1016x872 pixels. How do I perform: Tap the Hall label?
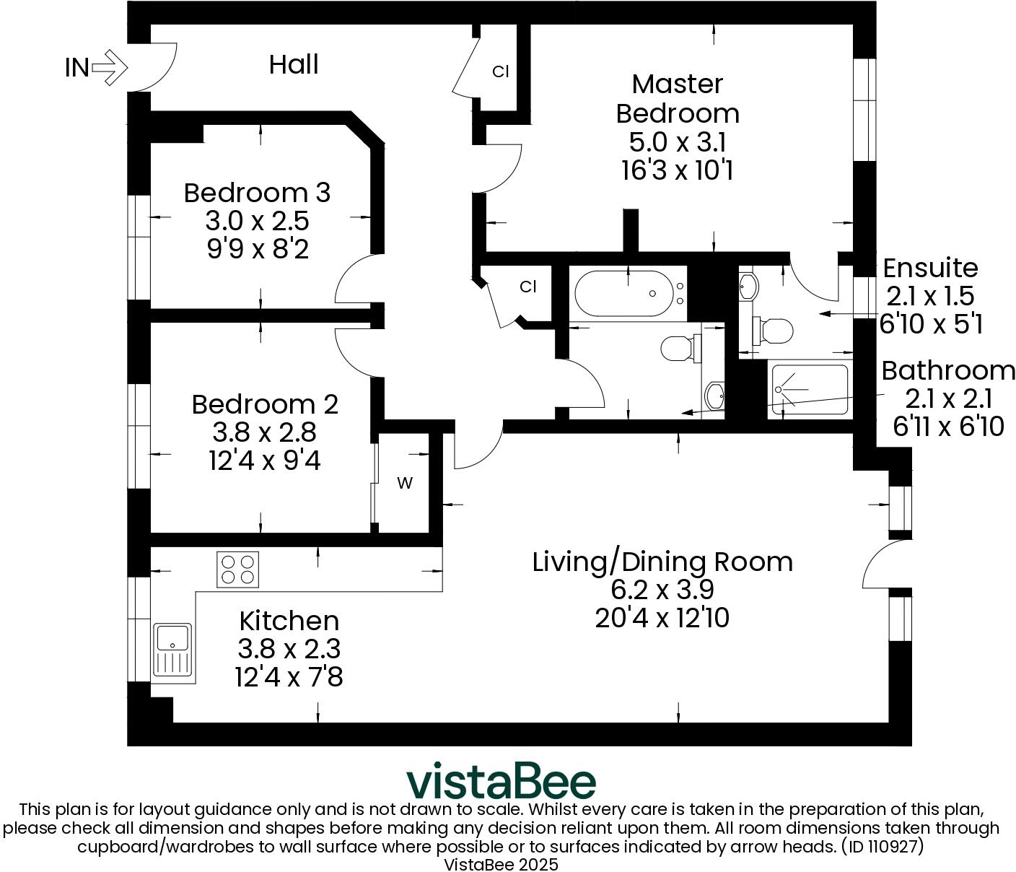(x=294, y=65)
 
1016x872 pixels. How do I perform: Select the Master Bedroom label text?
(x=677, y=99)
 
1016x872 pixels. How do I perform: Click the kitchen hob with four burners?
(x=238, y=569)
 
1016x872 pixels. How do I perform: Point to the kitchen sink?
(x=172, y=650)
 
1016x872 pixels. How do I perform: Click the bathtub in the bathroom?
(x=627, y=294)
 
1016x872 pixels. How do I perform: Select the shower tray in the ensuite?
(x=809, y=390)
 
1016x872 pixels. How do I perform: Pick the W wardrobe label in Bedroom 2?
(x=405, y=484)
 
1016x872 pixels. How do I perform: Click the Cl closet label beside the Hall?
(x=501, y=71)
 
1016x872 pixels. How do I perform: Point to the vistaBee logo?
(x=501, y=782)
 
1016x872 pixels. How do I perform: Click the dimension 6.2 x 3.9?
(x=662, y=590)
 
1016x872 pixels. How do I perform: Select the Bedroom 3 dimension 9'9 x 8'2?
(x=258, y=249)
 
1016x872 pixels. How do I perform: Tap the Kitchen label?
(x=289, y=621)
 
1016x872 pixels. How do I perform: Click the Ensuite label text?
(x=930, y=268)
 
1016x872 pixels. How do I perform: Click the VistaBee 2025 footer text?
(x=501, y=863)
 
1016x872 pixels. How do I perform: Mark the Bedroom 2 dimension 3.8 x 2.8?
(x=264, y=432)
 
